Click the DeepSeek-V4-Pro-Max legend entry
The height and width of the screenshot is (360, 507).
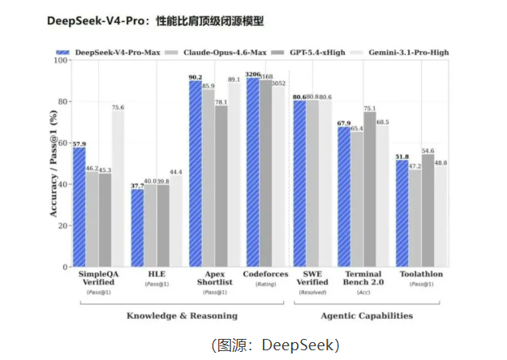(114, 52)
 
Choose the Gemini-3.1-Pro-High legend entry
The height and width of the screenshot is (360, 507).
(406, 52)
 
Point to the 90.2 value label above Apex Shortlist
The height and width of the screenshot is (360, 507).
(195, 77)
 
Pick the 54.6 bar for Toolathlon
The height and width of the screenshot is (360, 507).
(428, 210)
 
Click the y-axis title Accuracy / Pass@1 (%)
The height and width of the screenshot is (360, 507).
(54, 162)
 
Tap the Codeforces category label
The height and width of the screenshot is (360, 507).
(265, 274)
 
